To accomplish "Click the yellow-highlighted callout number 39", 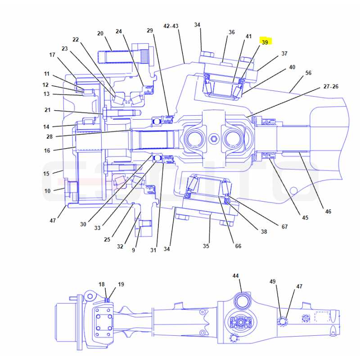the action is (x=265, y=42).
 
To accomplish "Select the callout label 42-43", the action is (x=171, y=26).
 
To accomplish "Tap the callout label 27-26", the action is (x=331, y=86).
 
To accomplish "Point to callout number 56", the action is (x=308, y=73).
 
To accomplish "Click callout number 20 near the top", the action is (x=100, y=33).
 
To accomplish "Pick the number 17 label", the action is (x=52, y=55).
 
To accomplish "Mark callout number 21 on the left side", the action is (x=48, y=110).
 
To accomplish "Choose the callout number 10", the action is (x=47, y=191).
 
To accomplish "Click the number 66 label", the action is (x=238, y=246).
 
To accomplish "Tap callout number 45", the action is (x=305, y=218).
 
